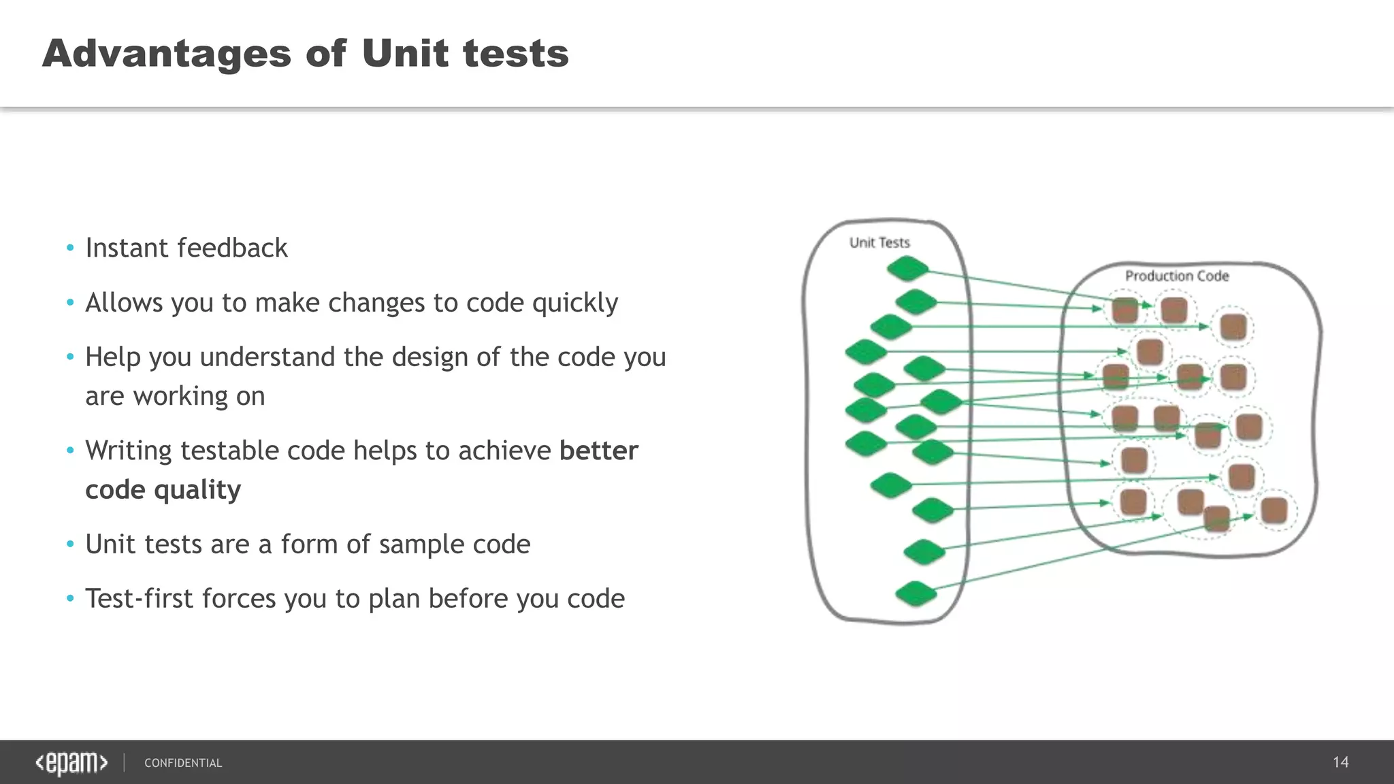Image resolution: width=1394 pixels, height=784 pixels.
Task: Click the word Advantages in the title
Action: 167,54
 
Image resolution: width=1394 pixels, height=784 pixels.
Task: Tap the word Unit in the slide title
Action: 405,54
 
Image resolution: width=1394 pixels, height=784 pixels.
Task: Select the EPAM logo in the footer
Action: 71,763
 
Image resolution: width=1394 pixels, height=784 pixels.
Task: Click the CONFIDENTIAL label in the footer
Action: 183,763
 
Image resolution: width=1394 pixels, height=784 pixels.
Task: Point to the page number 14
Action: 1340,762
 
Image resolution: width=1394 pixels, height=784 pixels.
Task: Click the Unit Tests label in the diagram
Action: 879,242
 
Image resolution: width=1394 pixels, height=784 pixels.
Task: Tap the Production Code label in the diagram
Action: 1177,276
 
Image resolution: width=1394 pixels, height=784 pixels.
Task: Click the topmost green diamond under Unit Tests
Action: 908,269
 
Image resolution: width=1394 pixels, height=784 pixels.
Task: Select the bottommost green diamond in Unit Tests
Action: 915,594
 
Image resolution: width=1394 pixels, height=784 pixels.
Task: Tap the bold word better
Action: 598,451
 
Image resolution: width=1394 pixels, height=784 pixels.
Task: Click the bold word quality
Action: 197,490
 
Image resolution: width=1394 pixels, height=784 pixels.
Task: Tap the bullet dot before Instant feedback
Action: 70,248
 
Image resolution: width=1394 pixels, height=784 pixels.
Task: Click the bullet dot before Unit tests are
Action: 70,544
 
